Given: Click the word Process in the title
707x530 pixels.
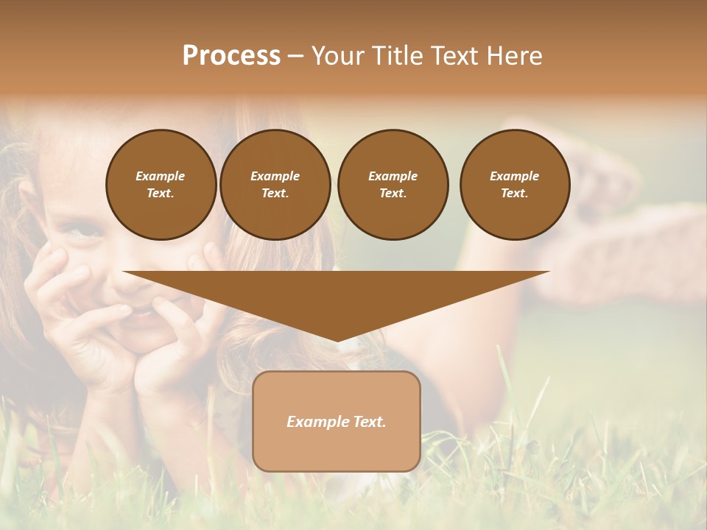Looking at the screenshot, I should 231,56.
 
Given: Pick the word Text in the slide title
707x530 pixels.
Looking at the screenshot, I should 457,56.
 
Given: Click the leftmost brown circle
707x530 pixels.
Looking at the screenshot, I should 161,185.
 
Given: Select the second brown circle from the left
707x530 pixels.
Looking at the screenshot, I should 275,185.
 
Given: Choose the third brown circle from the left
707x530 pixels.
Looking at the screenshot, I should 393,185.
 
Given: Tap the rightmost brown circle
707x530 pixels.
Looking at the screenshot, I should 515,185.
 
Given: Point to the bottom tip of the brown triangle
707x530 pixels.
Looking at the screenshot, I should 337,340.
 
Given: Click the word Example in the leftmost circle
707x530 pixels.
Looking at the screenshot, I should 161,176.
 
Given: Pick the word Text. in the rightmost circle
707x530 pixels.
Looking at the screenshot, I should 515,194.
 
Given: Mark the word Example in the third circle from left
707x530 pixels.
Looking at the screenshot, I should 393,176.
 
